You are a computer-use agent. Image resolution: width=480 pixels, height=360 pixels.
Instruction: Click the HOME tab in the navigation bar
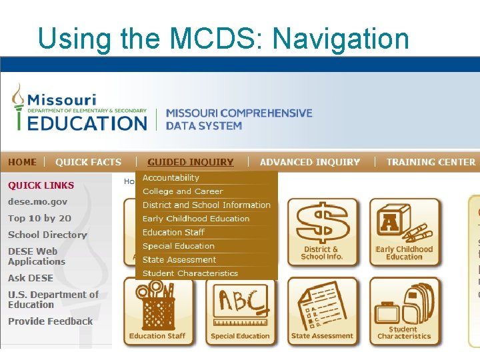coord(23,162)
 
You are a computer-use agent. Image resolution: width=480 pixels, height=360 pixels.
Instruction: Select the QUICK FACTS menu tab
coord(88,162)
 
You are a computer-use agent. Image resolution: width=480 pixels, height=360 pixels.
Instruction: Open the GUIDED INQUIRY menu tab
coord(191,162)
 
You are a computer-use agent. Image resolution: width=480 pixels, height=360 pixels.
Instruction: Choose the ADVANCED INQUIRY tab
coord(310,162)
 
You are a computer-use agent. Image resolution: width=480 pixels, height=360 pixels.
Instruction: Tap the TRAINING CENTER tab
coord(431,162)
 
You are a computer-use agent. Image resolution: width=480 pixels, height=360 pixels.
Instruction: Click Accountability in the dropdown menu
coord(171,178)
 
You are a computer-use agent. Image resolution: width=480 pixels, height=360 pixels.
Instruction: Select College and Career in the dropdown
coord(183,191)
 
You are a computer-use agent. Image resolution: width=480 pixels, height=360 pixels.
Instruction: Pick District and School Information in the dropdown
coord(206,205)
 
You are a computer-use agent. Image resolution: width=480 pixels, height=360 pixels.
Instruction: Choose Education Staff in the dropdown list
coord(173,233)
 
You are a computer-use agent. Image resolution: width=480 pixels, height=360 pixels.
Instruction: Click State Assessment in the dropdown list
coord(179,260)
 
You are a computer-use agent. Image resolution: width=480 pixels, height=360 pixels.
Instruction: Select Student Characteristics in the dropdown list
coord(190,273)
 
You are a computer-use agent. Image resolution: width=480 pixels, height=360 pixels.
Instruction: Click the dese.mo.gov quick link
coord(37,201)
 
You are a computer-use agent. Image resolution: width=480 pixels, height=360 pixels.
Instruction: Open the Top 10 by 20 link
coord(39,218)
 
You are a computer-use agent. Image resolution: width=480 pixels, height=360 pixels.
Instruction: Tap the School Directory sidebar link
coord(47,235)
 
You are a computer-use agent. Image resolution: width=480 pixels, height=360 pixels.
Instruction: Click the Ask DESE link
coord(31,278)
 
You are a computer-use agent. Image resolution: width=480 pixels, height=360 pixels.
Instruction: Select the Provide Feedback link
coord(50,321)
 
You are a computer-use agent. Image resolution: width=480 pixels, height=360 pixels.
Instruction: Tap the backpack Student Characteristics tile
coord(404,311)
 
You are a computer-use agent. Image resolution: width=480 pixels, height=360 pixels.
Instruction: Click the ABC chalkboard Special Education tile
coord(240,311)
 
